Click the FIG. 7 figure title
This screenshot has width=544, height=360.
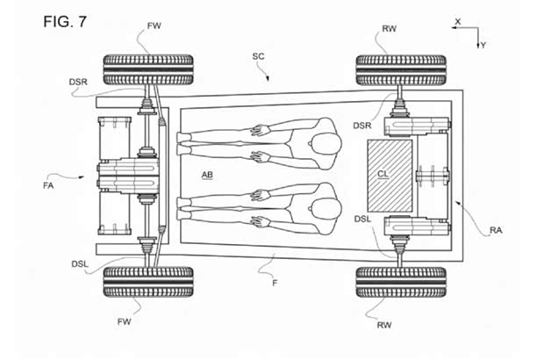point(65,22)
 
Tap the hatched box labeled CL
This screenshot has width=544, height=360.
point(390,176)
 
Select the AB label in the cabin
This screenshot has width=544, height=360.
point(207,175)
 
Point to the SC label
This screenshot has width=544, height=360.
point(258,56)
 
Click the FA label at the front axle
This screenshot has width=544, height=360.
point(48,186)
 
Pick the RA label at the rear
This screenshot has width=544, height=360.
point(496,230)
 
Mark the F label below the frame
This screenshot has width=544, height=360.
point(275,284)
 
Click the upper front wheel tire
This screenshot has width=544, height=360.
point(148,69)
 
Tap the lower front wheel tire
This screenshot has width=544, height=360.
point(148,282)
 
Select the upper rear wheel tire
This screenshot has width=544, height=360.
point(401,70)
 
